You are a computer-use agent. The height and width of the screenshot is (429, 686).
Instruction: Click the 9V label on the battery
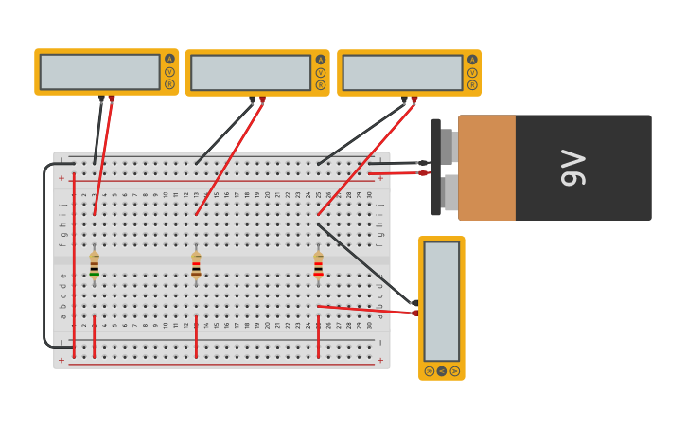[573, 168]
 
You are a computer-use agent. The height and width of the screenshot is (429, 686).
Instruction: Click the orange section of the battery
[486, 168]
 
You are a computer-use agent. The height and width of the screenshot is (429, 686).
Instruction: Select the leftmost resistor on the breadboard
[95, 265]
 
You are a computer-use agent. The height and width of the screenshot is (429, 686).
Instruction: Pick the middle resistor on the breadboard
[196, 265]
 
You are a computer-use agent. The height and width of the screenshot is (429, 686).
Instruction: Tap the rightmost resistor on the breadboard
[318, 265]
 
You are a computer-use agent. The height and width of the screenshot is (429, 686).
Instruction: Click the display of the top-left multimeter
[99, 72]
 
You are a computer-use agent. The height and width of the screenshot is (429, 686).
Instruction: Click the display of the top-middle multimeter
[251, 73]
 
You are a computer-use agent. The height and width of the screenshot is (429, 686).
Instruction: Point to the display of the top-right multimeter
[402, 73]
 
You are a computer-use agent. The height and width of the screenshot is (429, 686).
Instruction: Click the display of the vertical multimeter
[441, 300]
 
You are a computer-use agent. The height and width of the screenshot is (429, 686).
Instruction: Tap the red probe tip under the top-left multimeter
[112, 98]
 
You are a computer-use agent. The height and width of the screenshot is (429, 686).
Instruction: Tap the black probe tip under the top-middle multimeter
[252, 99]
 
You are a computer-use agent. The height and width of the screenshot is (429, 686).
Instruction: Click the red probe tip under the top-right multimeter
[414, 99]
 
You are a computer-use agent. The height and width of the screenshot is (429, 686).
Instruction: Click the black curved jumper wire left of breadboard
[44, 256]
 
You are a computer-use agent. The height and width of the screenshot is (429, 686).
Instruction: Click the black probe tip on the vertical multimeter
[413, 302]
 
